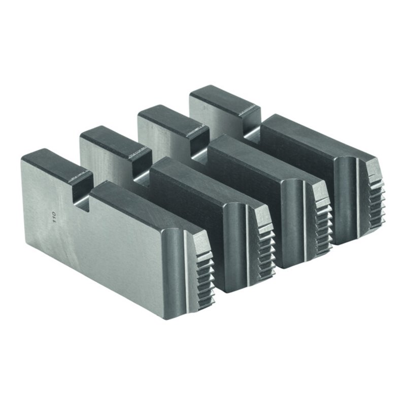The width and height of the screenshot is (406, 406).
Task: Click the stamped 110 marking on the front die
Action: tap(54, 215)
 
